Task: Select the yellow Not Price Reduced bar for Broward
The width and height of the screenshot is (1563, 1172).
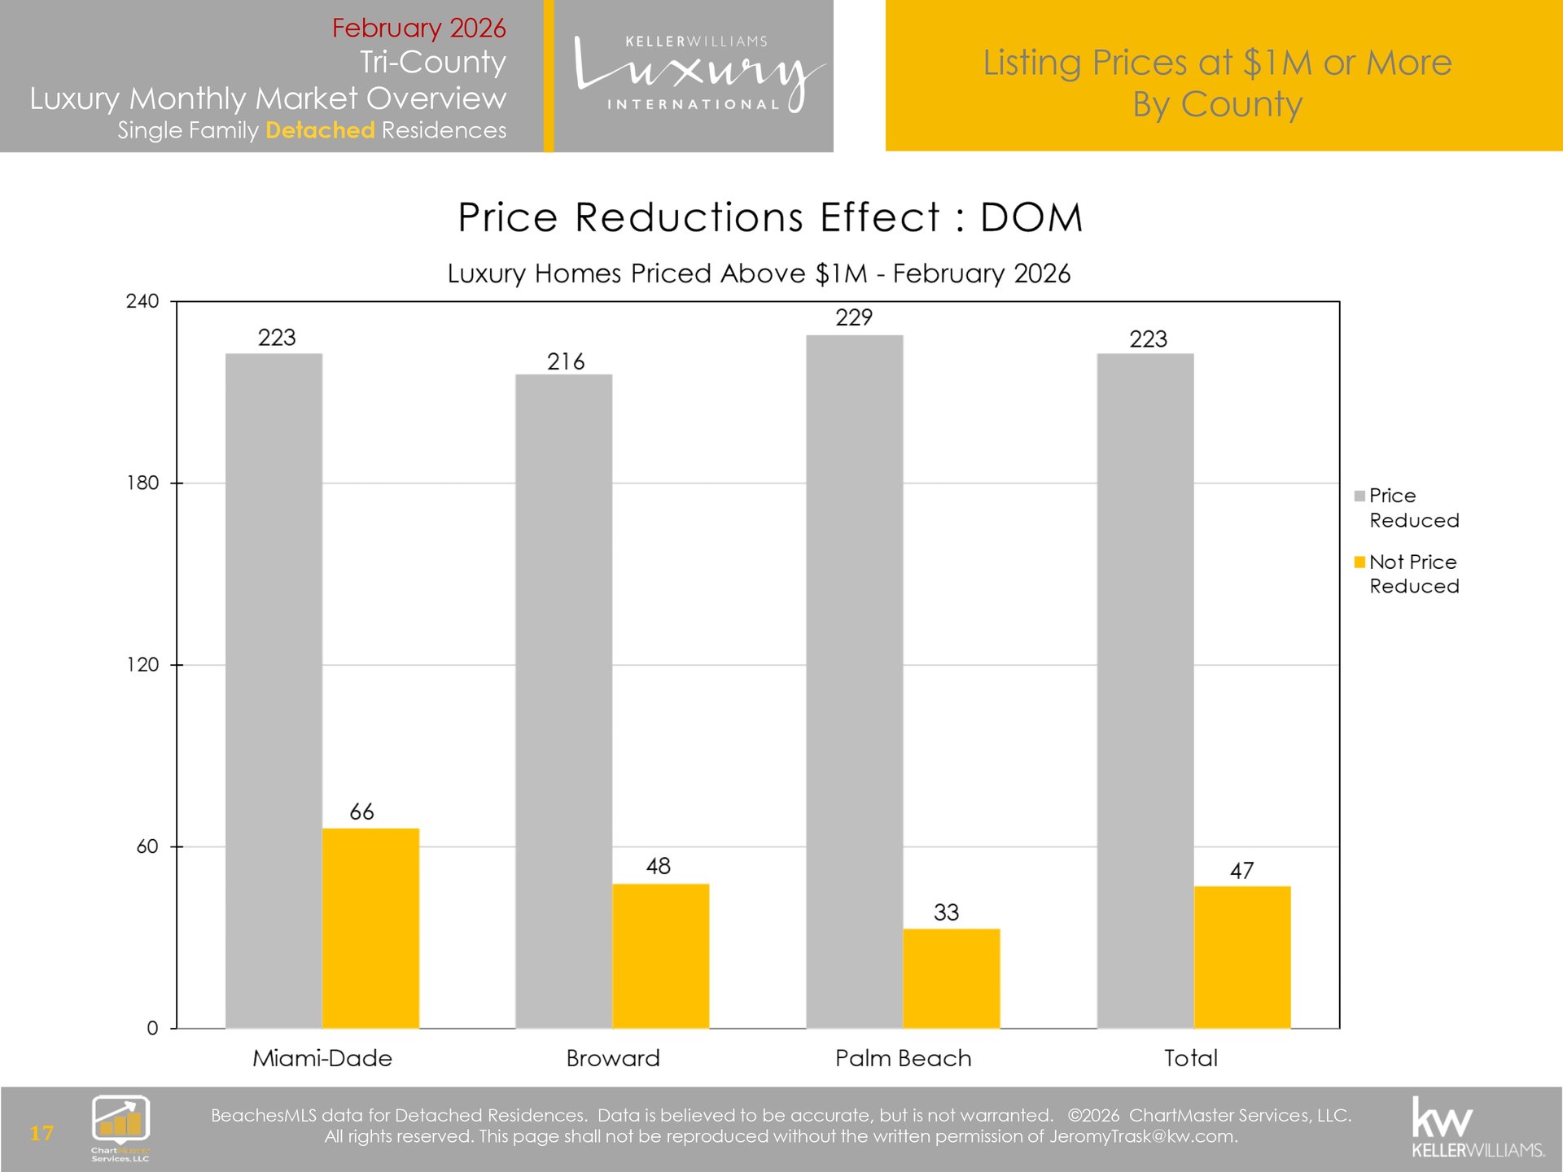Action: pyautogui.click(x=660, y=956)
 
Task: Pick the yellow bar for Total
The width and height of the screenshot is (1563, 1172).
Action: pyautogui.click(x=1241, y=957)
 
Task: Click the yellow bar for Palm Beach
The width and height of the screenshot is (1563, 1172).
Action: pyautogui.click(x=951, y=978)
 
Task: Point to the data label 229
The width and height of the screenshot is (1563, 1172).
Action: pyautogui.click(x=853, y=317)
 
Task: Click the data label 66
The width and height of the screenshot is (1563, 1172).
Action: pyautogui.click(x=361, y=811)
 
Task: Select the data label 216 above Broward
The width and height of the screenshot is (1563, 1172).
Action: pyautogui.click(x=565, y=361)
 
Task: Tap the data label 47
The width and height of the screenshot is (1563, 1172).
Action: pyautogui.click(x=1241, y=871)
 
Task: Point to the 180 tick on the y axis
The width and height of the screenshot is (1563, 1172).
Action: pyautogui.click(x=142, y=483)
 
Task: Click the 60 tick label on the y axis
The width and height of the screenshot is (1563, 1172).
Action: pyautogui.click(x=147, y=846)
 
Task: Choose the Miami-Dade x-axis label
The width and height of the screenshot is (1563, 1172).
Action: pyautogui.click(x=322, y=1058)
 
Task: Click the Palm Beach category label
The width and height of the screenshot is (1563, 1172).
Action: pyautogui.click(x=903, y=1058)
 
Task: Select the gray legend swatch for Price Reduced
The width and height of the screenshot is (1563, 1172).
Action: pyautogui.click(x=1359, y=496)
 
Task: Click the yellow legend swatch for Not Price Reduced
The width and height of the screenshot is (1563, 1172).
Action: pyautogui.click(x=1359, y=562)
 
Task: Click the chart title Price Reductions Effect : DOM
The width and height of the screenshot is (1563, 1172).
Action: pyautogui.click(x=770, y=217)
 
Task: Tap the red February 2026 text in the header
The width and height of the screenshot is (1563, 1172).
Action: pyautogui.click(x=418, y=28)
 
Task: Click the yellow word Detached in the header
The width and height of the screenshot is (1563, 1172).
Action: pyautogui.click(x=320, y=130)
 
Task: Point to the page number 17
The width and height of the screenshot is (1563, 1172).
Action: pyautogui.click(x=42, y=1133)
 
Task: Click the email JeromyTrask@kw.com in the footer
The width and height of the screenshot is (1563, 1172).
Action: pyautogui.click(x=1142, y=1136)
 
